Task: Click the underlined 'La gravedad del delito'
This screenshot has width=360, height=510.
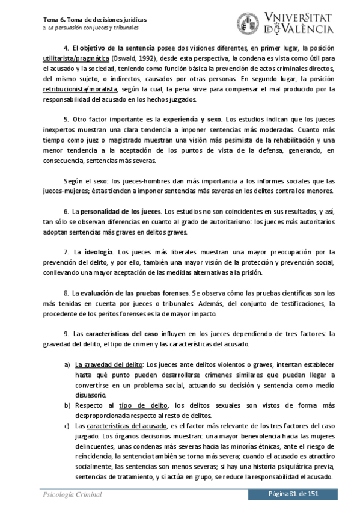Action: [x=109, y=365]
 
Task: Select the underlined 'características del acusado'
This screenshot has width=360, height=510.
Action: [x=124, y=426]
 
